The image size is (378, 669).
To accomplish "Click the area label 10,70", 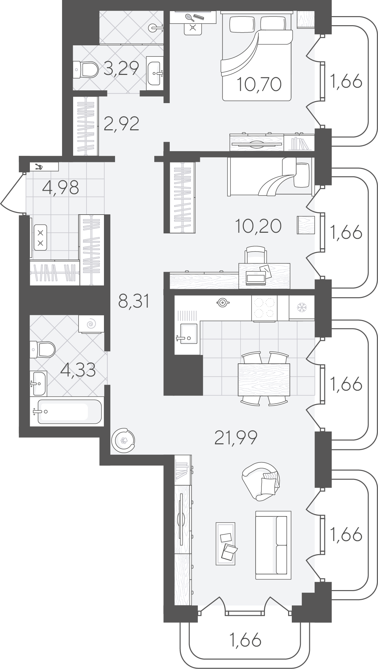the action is (x=259, y=84).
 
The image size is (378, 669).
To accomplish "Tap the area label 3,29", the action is (x=121, y=69).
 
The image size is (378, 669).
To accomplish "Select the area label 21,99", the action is (x=236, y=438).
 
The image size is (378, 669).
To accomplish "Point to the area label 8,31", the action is (x=133, y=301).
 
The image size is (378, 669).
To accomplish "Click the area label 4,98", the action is (x=61, y=187).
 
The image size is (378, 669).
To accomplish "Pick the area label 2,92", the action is (x=121, y=124).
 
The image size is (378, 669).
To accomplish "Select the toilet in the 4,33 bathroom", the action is (x=42, y=350).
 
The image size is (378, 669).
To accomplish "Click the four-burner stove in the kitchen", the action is (x=264, y=308).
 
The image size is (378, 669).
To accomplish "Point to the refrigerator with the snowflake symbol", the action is (x=302, y=307).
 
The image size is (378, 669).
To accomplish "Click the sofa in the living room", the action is (x=273, y=544).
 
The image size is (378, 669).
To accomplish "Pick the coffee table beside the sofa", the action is (x=225, y=543).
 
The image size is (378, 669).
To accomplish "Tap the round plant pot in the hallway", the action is (x=123, y=440).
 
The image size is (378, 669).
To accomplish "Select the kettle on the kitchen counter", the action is (x=222, y=302).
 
